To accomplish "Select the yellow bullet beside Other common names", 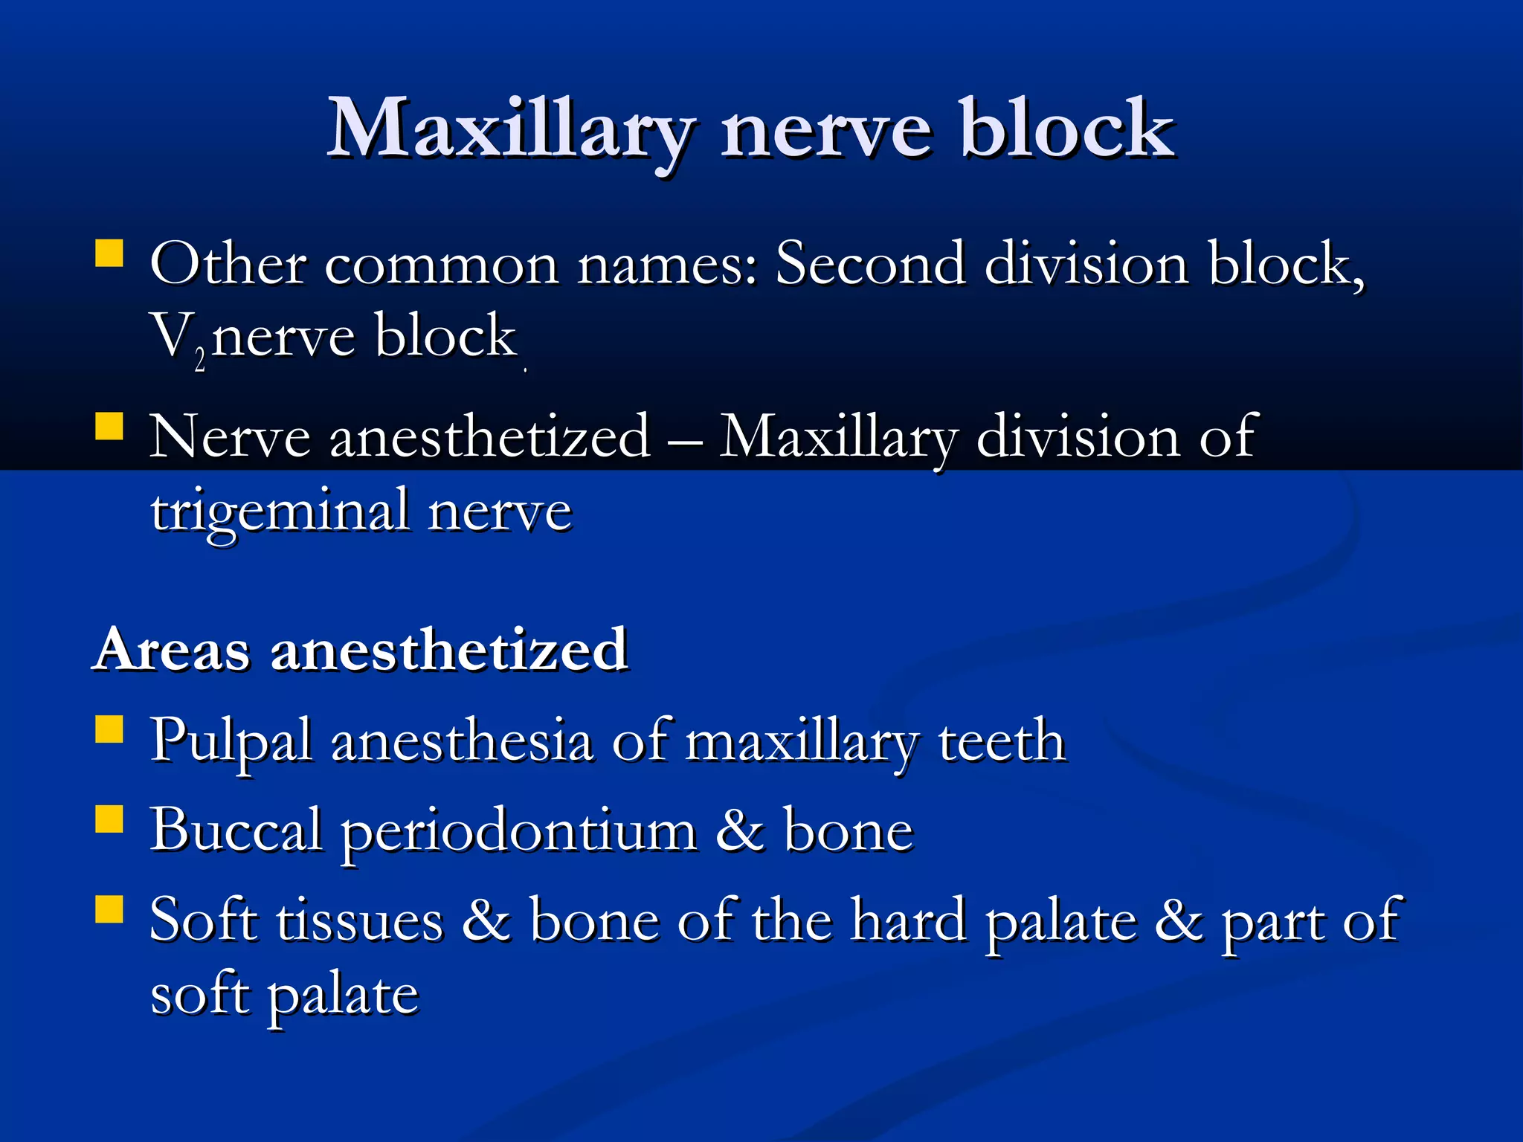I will click(109, 253).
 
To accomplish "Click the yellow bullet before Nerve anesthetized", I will click(109, 427).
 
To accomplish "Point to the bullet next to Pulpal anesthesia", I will click(109, 729).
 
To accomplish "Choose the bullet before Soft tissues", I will click(109, 909).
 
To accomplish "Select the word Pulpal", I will click(231, 742).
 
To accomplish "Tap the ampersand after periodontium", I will click(739, 831).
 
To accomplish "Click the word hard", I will click(909, 920).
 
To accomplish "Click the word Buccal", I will click(236, 830).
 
